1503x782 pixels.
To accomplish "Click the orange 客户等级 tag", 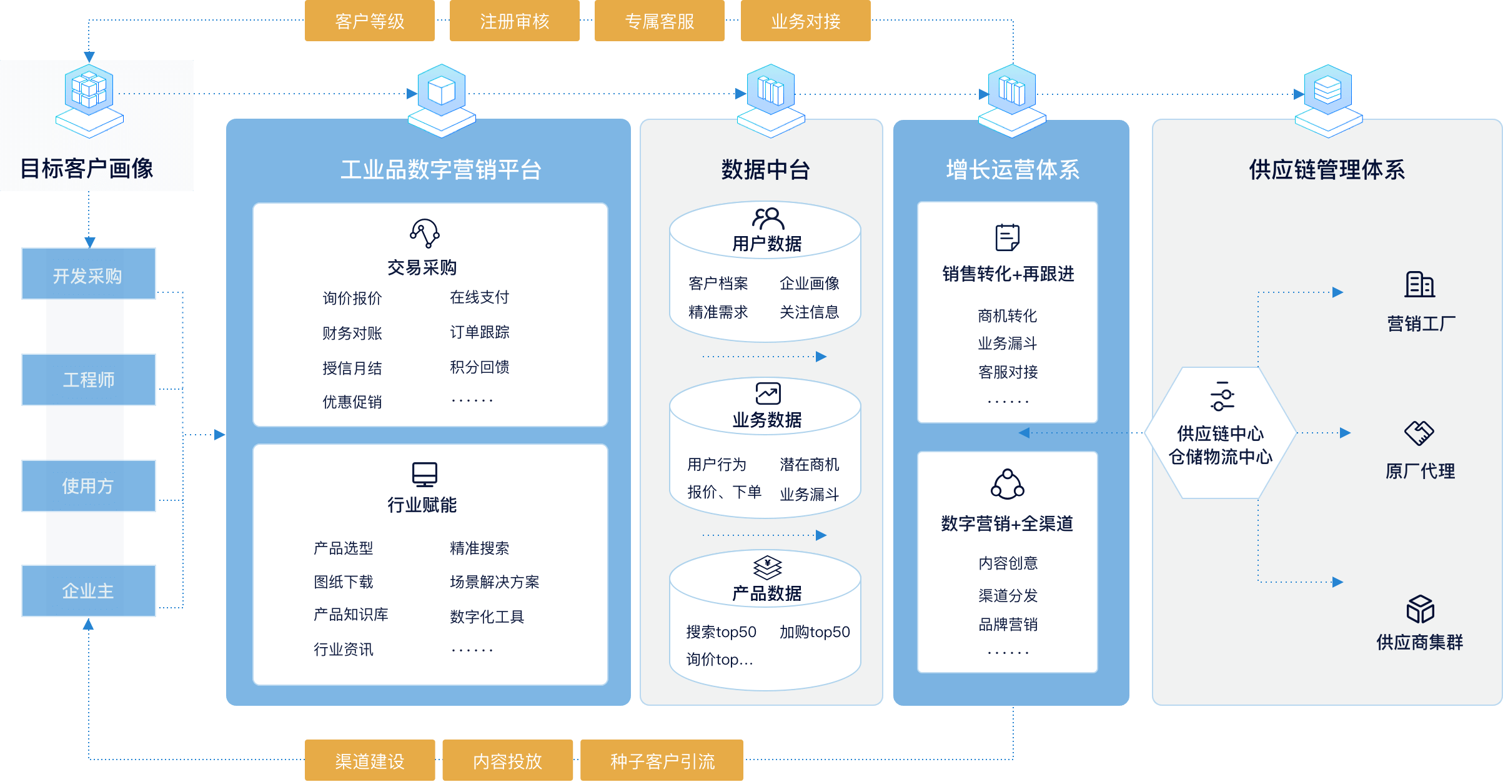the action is (370, 21).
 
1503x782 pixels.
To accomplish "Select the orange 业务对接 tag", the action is (806, 21).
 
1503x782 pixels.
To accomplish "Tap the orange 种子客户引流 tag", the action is (662, 760).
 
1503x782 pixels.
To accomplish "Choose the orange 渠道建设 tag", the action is (370, 760).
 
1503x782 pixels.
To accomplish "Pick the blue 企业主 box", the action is (89, 591).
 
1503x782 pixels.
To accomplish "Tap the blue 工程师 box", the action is (89, 380).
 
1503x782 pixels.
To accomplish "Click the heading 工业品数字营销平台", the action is (441, 169).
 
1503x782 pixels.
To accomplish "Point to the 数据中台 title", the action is (766, 169).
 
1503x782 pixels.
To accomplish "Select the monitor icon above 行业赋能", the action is (425, 475).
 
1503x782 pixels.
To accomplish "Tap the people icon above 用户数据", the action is (768, 219).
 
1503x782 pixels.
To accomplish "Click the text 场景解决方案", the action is (495, 582).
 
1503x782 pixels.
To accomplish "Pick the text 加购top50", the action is (815, 632).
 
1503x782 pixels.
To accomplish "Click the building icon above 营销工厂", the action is (1420, 285).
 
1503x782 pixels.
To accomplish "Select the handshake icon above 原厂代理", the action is (1419, 433).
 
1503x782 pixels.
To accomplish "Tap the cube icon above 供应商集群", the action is (1420, 609).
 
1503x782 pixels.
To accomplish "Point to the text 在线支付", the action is (480, 297).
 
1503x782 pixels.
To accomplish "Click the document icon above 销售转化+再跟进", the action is (1008, 237).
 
